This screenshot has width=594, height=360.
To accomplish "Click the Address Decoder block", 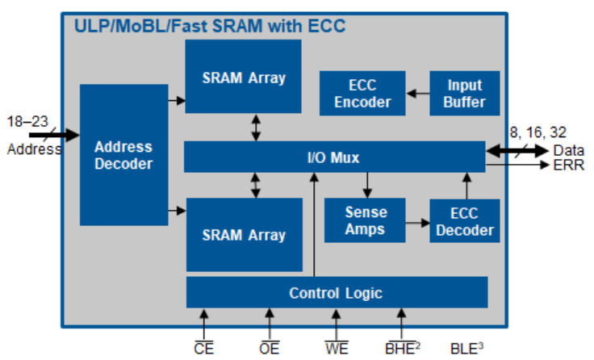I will pos(123,154).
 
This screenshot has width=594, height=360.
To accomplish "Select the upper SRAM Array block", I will pos(243,77).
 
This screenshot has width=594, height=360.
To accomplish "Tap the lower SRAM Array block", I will pos(243,234).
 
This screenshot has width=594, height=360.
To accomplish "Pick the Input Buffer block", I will pos(464,94).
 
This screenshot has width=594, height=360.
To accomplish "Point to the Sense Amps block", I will pos(366,220).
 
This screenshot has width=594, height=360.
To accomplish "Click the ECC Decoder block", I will pos(464,221).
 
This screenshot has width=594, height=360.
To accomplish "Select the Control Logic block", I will pos(336,292).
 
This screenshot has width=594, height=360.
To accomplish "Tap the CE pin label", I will pos(203,349).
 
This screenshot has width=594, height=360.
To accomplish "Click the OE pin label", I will pos(270,349).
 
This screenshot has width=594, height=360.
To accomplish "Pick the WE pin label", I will pos(337,349).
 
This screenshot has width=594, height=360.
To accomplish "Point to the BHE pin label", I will pos(399,349).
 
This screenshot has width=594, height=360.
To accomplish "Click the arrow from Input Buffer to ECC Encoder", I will pos(417,94).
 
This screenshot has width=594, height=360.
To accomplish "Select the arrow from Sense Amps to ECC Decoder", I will pos(417,220).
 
